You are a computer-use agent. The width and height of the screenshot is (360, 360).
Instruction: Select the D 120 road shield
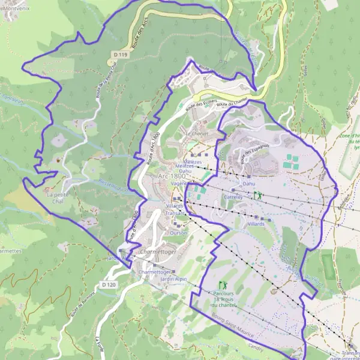pos(108,284)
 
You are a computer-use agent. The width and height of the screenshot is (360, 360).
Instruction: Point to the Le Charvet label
pos(196,133)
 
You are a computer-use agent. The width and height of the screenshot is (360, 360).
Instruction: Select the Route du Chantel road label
pos(232,104)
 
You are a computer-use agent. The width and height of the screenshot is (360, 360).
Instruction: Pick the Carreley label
pos(232,196)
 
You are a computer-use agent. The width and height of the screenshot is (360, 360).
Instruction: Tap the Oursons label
pos(178,232)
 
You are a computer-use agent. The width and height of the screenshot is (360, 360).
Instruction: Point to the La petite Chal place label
pos(58,198)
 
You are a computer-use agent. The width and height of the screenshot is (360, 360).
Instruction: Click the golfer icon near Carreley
pos(257,195)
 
